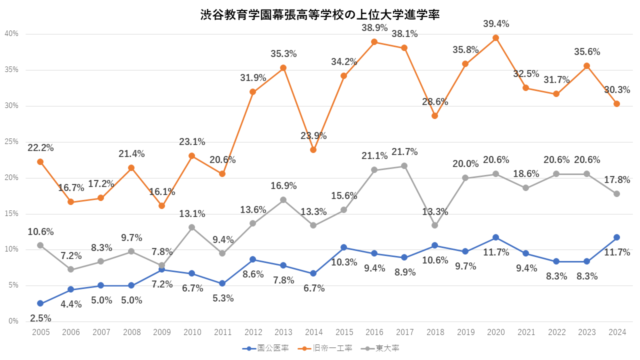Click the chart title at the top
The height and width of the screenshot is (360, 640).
(320, 15)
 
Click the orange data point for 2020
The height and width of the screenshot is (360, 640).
(495, 38)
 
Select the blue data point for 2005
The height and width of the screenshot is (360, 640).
(40, 303)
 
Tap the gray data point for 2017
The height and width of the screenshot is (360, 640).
(404, 165)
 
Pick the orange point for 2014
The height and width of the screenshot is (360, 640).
(313, 149)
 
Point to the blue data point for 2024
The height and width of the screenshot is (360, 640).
(616, 237)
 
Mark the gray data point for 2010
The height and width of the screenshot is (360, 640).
(192, 227)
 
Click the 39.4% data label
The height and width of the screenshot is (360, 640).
(496, 23)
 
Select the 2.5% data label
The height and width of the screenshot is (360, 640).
(40, 318)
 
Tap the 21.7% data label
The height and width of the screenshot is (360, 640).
(404, 151)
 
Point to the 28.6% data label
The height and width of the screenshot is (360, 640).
(435, 101)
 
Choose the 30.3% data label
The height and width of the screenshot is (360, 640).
(616, 90)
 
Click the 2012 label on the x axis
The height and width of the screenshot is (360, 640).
(253, 331)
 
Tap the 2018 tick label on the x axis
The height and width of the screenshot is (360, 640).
(435, 331)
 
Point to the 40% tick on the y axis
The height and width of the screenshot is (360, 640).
(11, 33)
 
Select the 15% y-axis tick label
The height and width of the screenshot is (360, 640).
(11, 213)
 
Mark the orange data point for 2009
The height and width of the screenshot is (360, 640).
(161, 205)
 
